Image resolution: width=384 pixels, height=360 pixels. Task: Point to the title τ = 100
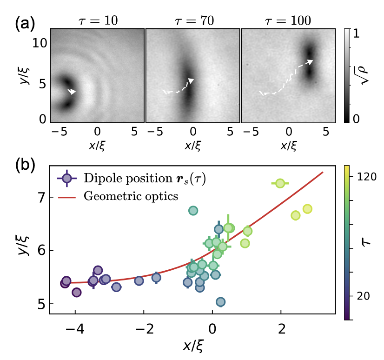pyautogui.click(x=287, y=20)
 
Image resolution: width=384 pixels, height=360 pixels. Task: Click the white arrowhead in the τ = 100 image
pyautogui.click(x=310, y=61)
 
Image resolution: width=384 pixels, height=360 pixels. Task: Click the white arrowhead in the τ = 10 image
pyautogui.click(x=73, y=92)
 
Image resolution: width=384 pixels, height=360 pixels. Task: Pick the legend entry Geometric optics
pyautogui.click(x=131, y=196)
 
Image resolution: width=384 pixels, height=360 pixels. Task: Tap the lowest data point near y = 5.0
pyautogui.click(x=221, y=302)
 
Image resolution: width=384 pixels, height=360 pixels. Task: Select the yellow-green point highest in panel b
pyautogui.click(x=279, y=183)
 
